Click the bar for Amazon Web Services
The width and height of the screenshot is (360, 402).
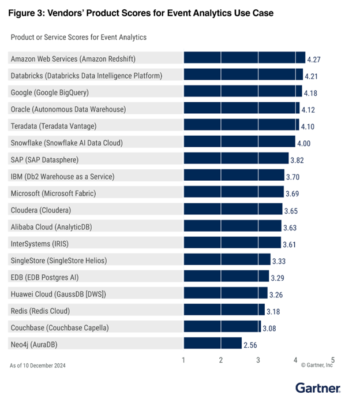click(x=244, y=58)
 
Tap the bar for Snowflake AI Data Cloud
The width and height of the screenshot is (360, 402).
click(x=239, y=142)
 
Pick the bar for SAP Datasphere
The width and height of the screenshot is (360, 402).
click(x=236, y=159)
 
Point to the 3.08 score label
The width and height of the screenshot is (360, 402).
click(x=269, y=328)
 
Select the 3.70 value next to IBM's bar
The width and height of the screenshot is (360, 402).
click(x=292, y=177)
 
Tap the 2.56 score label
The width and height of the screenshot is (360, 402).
click(x=250, y=345)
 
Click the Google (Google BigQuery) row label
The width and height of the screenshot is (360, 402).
click(x=50, y=92)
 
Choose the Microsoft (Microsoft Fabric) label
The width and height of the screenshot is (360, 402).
click(x=53, y=193)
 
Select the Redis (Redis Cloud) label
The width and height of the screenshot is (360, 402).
click(x=40, y=311)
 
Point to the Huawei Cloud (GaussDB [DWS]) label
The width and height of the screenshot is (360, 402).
click(x=58, y=294)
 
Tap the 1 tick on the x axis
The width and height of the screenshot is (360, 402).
click(x=183, y=360)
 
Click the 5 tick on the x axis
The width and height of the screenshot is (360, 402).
click(x=332, y=360)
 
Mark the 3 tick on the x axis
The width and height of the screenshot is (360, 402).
click(x=258, y=360)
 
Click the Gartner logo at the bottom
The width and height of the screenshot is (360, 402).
click(x=318, y=388)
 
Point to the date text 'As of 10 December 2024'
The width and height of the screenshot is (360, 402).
click(x=44, y=365)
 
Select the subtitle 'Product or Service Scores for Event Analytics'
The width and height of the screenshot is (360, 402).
click(x=78, y=37)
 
